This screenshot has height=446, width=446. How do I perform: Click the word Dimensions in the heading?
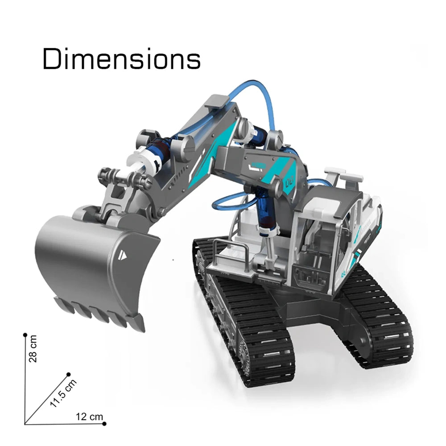pyautogui.click(x=121, y=59)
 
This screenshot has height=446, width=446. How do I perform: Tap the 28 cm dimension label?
pyautogui.click(x=33, y=348)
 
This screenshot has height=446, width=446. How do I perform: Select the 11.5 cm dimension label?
pyautogui.click(x=63, y=393)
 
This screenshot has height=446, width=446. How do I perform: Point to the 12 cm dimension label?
pyautogui.click(x=89, y=417)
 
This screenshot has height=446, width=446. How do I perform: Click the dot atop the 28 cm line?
pyautogui.click(x=25, y=335)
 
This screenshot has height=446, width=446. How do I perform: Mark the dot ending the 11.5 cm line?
pyautogui.click(x=68, y=374)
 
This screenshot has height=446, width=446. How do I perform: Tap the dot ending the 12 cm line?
pyautogui.click(x=104, y=424)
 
